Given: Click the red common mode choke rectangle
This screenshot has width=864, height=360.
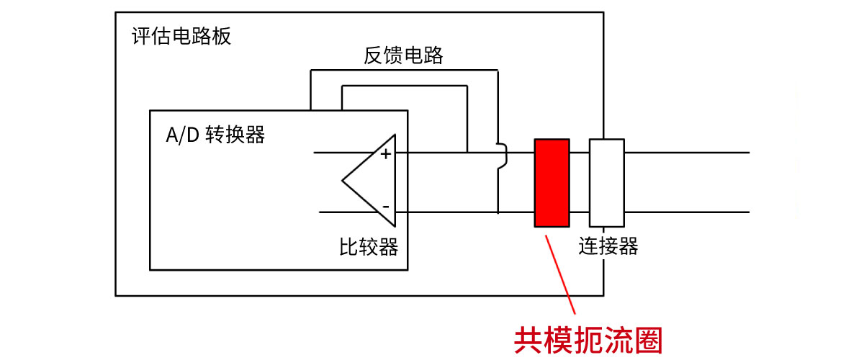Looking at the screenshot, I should coord(552,182).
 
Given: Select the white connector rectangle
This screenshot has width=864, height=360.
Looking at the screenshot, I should coord(606,182).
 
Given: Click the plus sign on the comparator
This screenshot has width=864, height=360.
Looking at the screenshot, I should coord(386,153).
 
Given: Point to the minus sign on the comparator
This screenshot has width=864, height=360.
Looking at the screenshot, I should coord(386,207).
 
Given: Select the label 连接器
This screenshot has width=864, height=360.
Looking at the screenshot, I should coord(608,247).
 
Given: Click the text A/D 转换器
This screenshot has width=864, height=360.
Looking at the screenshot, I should coord(215,135).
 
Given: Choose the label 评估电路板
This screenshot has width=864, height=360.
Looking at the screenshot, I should coord(181,36).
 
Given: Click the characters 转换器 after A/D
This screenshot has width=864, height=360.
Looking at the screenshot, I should coord(235,135).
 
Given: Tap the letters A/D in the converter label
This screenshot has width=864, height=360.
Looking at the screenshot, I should coord(181,135).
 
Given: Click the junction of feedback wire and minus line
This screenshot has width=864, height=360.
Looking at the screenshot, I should coord(498,212).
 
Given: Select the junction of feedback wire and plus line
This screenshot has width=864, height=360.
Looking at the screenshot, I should coord(467,153).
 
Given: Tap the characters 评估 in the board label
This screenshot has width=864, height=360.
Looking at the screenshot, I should coord(148,36).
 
